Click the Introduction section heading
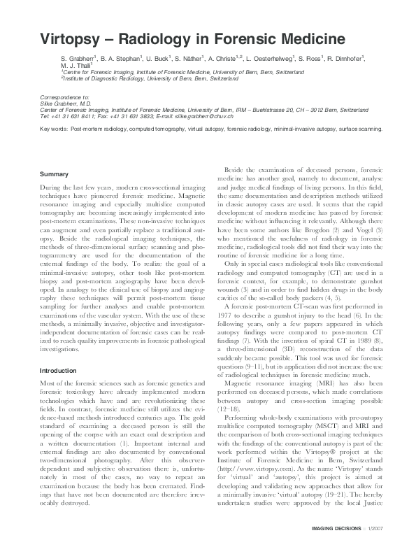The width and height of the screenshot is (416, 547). (58, 370)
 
